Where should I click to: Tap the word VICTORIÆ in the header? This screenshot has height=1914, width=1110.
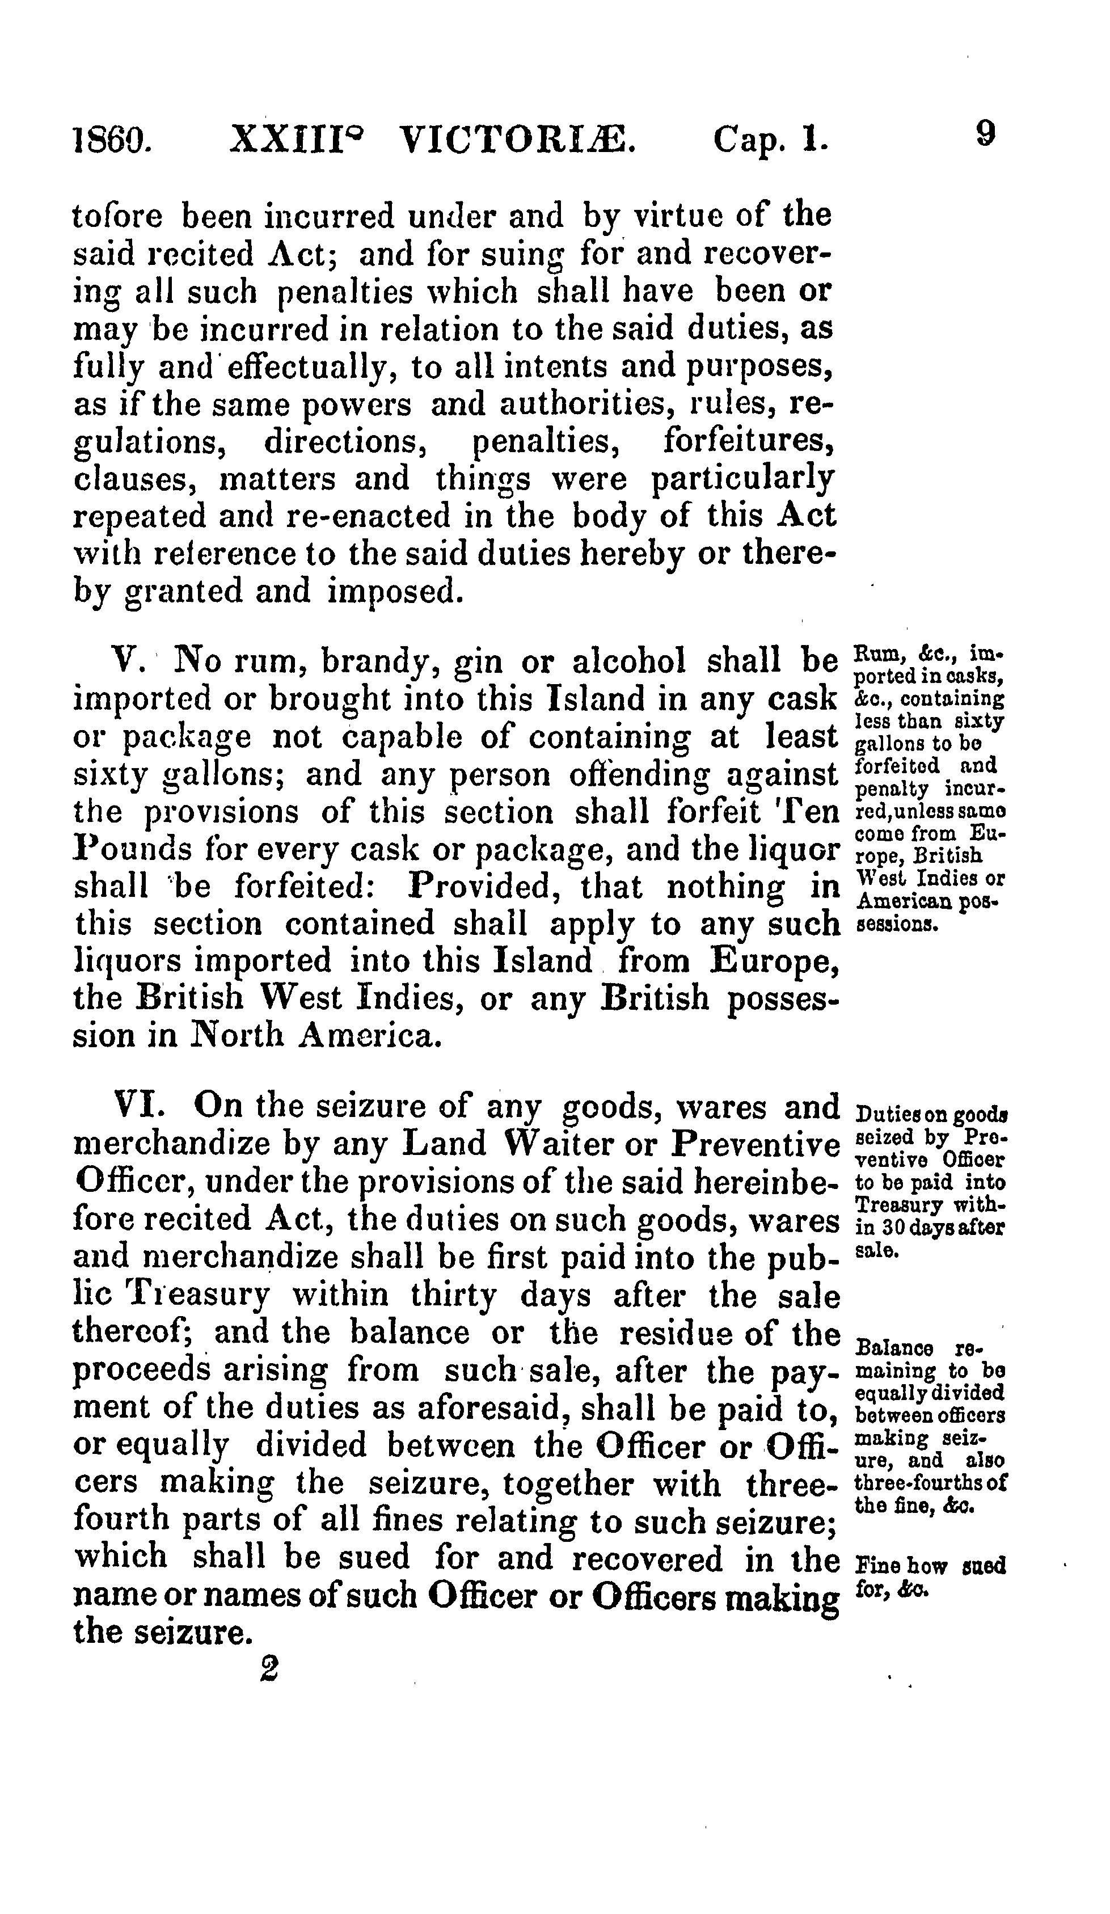pos(517,140)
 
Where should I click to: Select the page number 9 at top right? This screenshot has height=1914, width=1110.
pos(985,134)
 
